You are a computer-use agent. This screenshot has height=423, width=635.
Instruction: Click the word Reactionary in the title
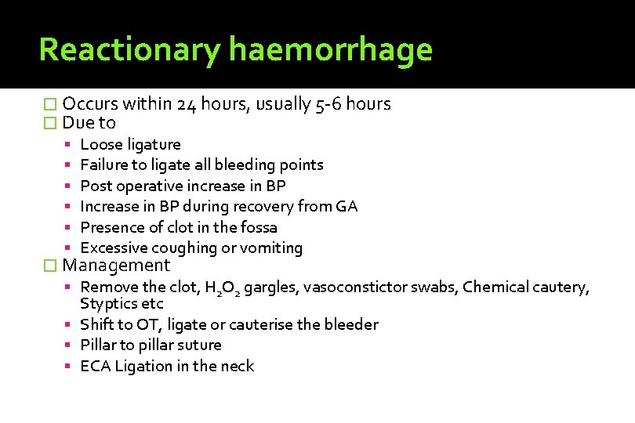pyautogui.click(x=129, y=49)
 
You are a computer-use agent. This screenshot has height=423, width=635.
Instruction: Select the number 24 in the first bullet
pyautogui.click(x=187, y=104)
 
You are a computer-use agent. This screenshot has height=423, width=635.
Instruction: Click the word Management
pyautogui.click(x=116, y=266)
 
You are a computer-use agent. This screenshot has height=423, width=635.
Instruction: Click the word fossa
pyautogui.click(x=259, y=227)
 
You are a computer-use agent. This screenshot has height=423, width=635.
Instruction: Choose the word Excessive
pyautogui.click(x=114, y=248)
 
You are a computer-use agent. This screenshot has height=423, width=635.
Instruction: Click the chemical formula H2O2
pyautogui.click(x=223, y=288)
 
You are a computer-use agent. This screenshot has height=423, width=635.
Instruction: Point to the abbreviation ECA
pyautogui.click(x=96, y=366)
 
